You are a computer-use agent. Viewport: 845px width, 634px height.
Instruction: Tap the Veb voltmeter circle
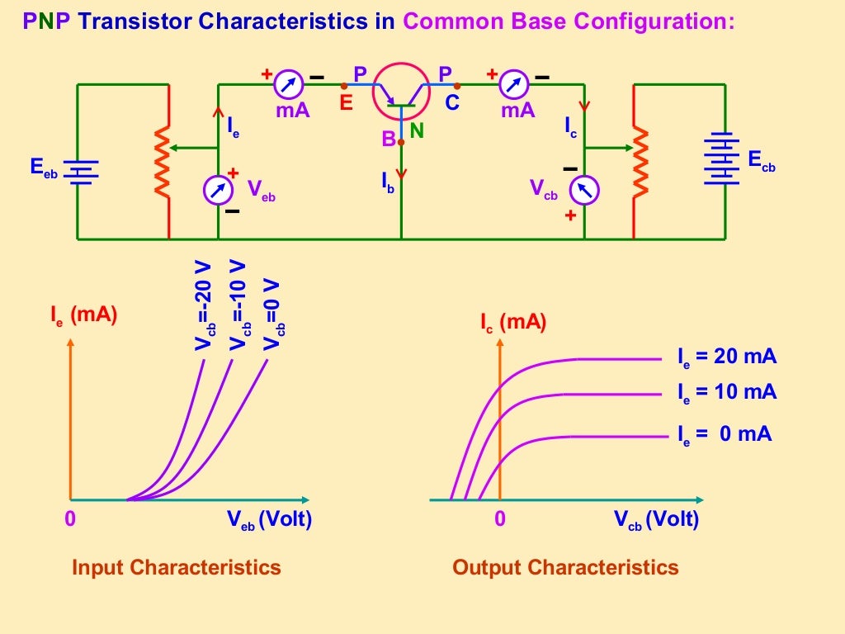tap(218, 190)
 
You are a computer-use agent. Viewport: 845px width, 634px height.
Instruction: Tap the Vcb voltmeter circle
tap(584, 191)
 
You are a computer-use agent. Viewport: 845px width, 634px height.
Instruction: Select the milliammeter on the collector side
tap(515, 84)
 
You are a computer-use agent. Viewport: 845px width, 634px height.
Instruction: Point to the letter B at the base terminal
tap(389, 140)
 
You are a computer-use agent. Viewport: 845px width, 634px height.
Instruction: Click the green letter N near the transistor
tap(417, 130)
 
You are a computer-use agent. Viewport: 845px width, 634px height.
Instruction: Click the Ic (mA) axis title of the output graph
tap(513, 323)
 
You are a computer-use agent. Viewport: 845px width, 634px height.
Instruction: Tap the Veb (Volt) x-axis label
tap(269, 519)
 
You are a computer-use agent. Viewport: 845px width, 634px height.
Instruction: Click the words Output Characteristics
tap(565, 567)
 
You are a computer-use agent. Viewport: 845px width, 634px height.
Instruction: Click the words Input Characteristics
tap(177, 567)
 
